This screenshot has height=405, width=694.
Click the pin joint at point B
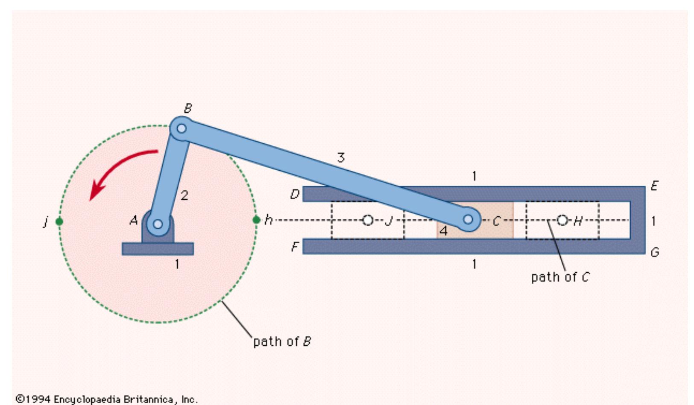[x=182, y=128]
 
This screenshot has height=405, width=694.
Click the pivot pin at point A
[x=158, y=224]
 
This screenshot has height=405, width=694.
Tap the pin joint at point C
[x=468, y=219]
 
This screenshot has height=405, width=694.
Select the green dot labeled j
[x=59, y=221]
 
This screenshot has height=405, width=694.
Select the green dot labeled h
[x=256, y=220]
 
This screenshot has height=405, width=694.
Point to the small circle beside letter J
[x=368, y=220]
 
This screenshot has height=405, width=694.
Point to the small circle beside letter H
[x=562, y=220]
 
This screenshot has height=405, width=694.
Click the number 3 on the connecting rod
[x=340, y=158]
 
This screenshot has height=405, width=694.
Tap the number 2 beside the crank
[x=184, y=195]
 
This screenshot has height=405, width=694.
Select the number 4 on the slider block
[x=443, y=231]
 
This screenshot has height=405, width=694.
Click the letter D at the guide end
[x=295, y=195]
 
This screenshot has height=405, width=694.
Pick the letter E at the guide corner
[x=654, y=186]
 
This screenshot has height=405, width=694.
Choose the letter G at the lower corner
[x=655, y=252]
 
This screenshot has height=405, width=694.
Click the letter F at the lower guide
[x=295, y=247]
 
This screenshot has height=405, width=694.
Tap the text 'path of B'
[x=282, y=341]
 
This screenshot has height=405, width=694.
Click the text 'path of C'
[x=560, y=277]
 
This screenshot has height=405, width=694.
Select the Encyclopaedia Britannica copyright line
[x=107, y=399]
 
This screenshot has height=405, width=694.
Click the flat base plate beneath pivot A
[x=158, y=249]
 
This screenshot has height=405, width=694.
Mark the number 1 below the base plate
[x=177, y=265]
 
